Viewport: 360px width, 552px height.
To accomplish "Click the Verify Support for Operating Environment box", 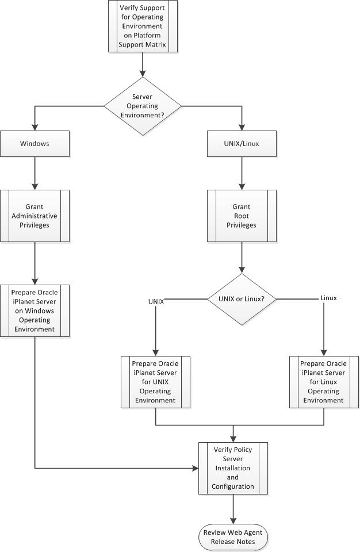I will (x=142, y=26).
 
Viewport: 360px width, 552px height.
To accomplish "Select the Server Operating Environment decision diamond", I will (x=142, y=106).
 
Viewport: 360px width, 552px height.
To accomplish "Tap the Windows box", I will (x=35, y=144).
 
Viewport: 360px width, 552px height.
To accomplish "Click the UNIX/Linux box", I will (x=241, y=144).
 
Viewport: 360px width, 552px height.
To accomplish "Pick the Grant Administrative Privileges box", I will (x=35, y=216).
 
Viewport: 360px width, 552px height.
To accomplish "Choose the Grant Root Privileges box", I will (x=241, y=216).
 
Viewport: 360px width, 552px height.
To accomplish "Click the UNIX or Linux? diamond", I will (x=241, y=299).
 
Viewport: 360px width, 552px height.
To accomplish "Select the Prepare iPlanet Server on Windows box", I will (x=35, y=310).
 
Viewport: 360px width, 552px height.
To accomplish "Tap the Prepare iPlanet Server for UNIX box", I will (x=156, y=381).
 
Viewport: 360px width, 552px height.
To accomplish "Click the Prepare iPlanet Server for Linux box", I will (x=324, y=381).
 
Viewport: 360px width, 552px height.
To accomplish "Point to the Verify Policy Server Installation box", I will (x=233, y=468).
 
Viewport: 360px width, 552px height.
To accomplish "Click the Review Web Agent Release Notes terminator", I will (x=233, y=536).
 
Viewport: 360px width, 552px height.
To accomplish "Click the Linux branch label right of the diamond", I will (x=328, y=298).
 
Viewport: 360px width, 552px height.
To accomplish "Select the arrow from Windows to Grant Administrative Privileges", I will (x=35, y=173).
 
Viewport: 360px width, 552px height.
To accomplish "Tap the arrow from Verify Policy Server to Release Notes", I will (x=233, y=508).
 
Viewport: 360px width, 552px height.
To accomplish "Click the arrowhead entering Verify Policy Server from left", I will (x=195, y=468).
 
